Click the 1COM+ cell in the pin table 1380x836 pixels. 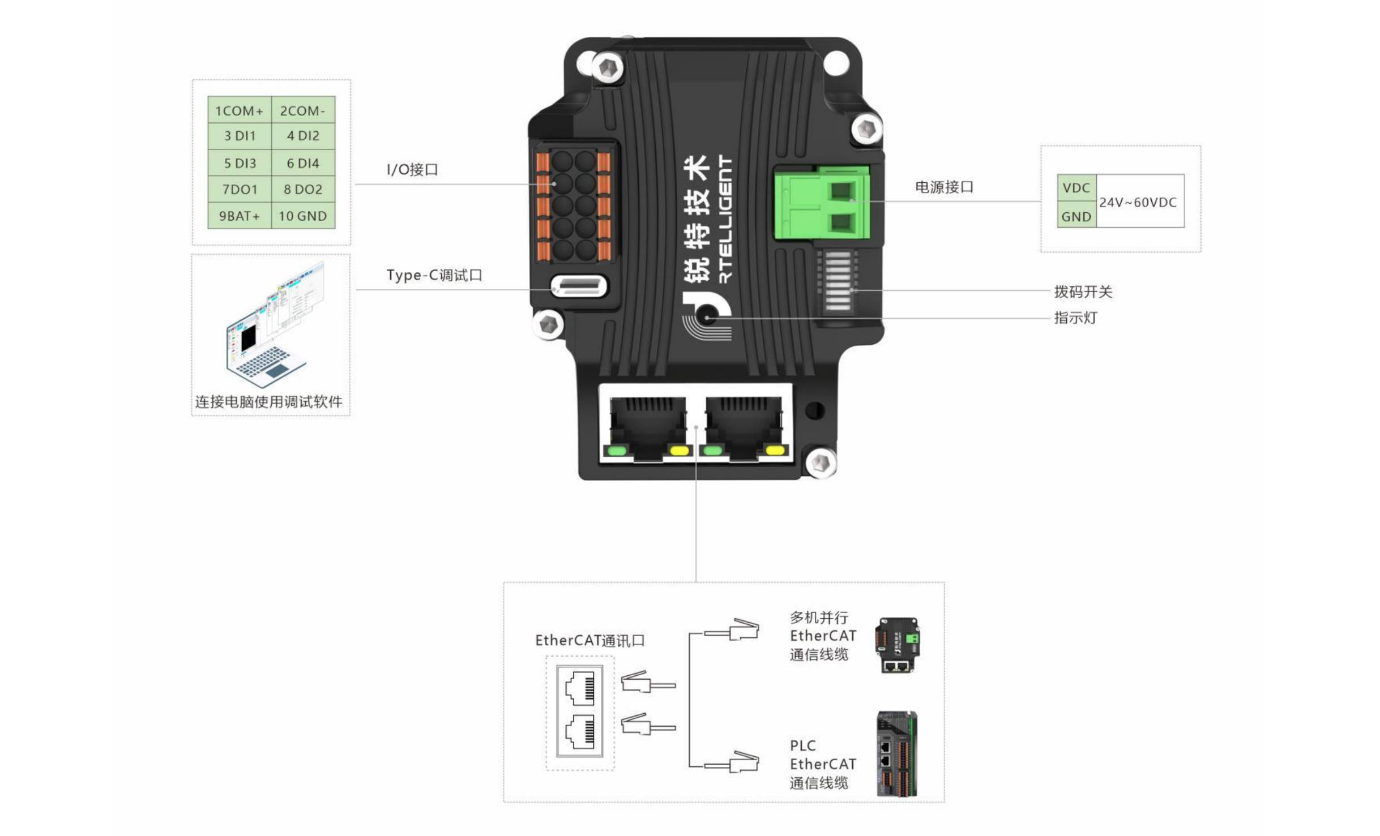tap(239, 110)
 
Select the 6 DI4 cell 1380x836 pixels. tap(303, 163)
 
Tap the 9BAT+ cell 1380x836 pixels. tap(239, 216)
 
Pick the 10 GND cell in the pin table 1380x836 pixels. tap(303, 216)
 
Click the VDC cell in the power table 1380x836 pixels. tap(1076, 187)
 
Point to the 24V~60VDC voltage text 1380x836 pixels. tap(1138, 202)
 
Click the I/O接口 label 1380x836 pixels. tap(412, 169)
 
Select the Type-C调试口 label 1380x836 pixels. tap(434, 275)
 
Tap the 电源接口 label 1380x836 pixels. tap(944, 187)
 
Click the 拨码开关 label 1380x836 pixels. tap(1083, 291)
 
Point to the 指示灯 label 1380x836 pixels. tap(1075, 318)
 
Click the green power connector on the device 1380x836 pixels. tap(821, 203)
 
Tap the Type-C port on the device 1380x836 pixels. tap(579, 286)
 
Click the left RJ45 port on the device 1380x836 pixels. tap(647, 427)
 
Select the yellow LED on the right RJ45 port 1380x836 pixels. tap(775, 451)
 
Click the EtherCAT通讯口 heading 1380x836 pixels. tap(589, 640)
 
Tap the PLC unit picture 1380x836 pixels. tap(896, 753)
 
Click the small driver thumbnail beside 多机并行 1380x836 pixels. tap(897, 645)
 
